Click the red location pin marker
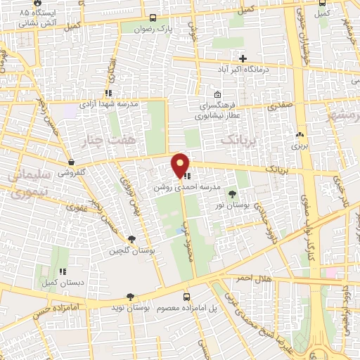pyautogui.click(x=181, y=165)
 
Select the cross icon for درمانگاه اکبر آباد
pyautogui.click(x=243, y=58)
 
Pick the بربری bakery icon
pyautogui.click(x=300, y=134)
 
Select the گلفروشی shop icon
pyautogui.click(x=72, y=161)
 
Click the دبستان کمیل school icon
pyautogui.click(x=63, y=271)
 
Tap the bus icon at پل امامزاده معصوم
pyautogui.click(x=186, y=297)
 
